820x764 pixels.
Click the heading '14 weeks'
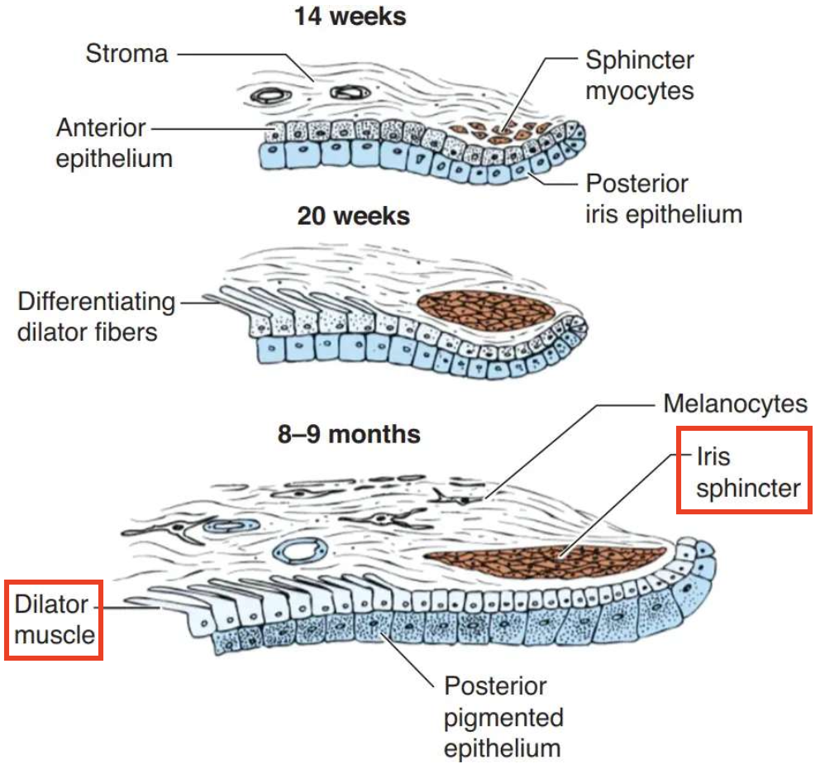[x=350, y=17]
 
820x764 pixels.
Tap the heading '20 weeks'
[x=353, y=217]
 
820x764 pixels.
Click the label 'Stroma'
[x=126, y=55]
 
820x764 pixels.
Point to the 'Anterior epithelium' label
[x=113, y=143]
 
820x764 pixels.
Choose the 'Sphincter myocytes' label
[x=640, y=74]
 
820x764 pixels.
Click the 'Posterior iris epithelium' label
[x=663, y=198]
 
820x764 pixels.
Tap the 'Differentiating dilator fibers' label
[x=97, y=317]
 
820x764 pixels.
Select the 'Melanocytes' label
[x=735, y=403]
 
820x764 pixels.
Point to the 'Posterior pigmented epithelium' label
[x=503, y=717]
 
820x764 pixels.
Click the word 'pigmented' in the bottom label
[x=503, y=717]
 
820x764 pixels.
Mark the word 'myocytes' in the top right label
[x=640, y=90]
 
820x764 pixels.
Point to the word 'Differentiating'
[x=97, y=302]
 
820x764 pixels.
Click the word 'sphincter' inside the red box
[x=748, y=487]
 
